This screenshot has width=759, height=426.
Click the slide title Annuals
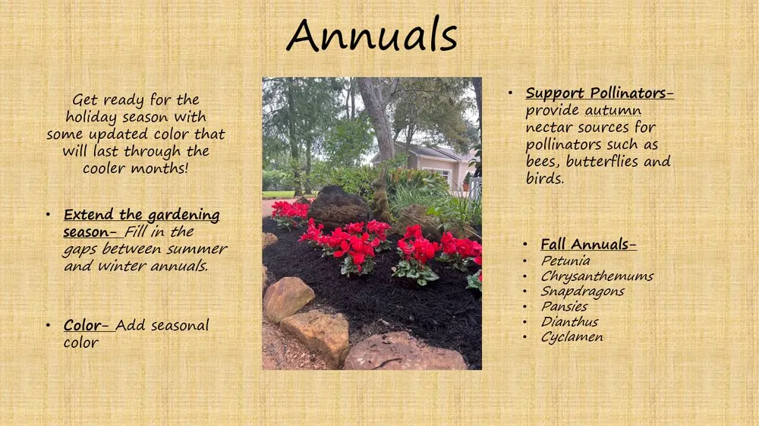[x=372, y=36]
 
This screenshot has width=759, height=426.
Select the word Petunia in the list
[x=565, y=260]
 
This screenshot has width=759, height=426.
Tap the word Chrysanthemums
[x=597, y=276]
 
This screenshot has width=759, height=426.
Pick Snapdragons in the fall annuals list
[x=582, y=291]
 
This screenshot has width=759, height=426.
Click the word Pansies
[x=564, y=306]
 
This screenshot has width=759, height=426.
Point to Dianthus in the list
[x=569, y=321]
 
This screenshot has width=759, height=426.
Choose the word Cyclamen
[x=572, y=336]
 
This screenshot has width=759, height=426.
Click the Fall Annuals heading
[x=588, y=245]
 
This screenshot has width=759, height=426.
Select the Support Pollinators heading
[x=600, y=93]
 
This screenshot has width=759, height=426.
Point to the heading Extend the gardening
[x=141, y=215]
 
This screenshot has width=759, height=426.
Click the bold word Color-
[x=84, y=325]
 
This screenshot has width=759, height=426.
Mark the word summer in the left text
[x=200, y=249]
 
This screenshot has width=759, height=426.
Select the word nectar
[x=551, y=128]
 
